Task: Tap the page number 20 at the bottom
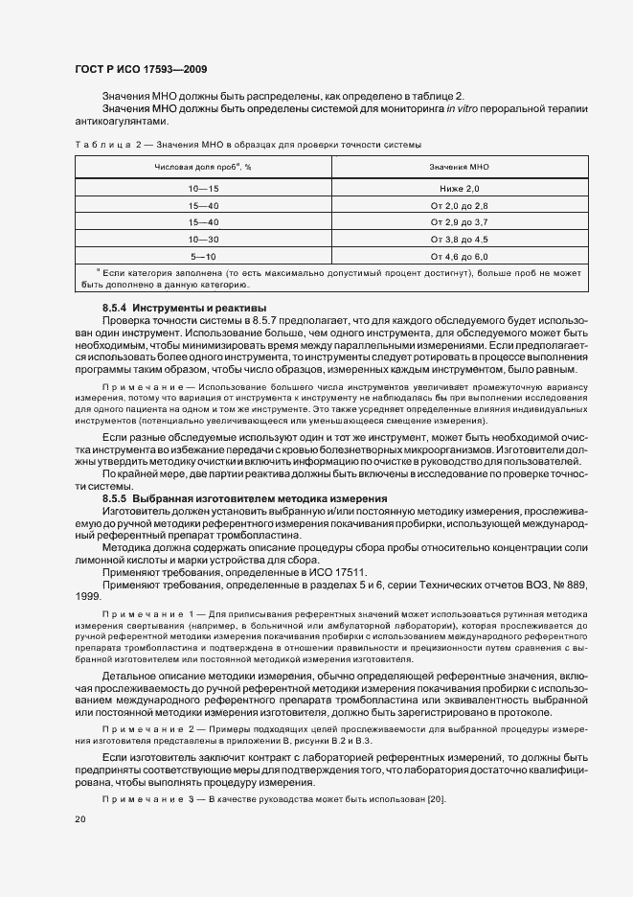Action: tap(79, 819)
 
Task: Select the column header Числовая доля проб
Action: tap(202, 167)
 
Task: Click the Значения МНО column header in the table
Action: tap(459, 167)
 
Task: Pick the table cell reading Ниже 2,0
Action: tap(459, 190)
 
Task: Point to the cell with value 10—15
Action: tap(204, 190)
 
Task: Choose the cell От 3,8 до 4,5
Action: tap(459, 239)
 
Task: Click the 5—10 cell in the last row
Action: tap(204, 256)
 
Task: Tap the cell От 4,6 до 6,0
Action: tap(459, 256)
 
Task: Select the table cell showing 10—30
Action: tap(204, 239)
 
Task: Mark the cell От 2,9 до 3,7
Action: tap(459, 222)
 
